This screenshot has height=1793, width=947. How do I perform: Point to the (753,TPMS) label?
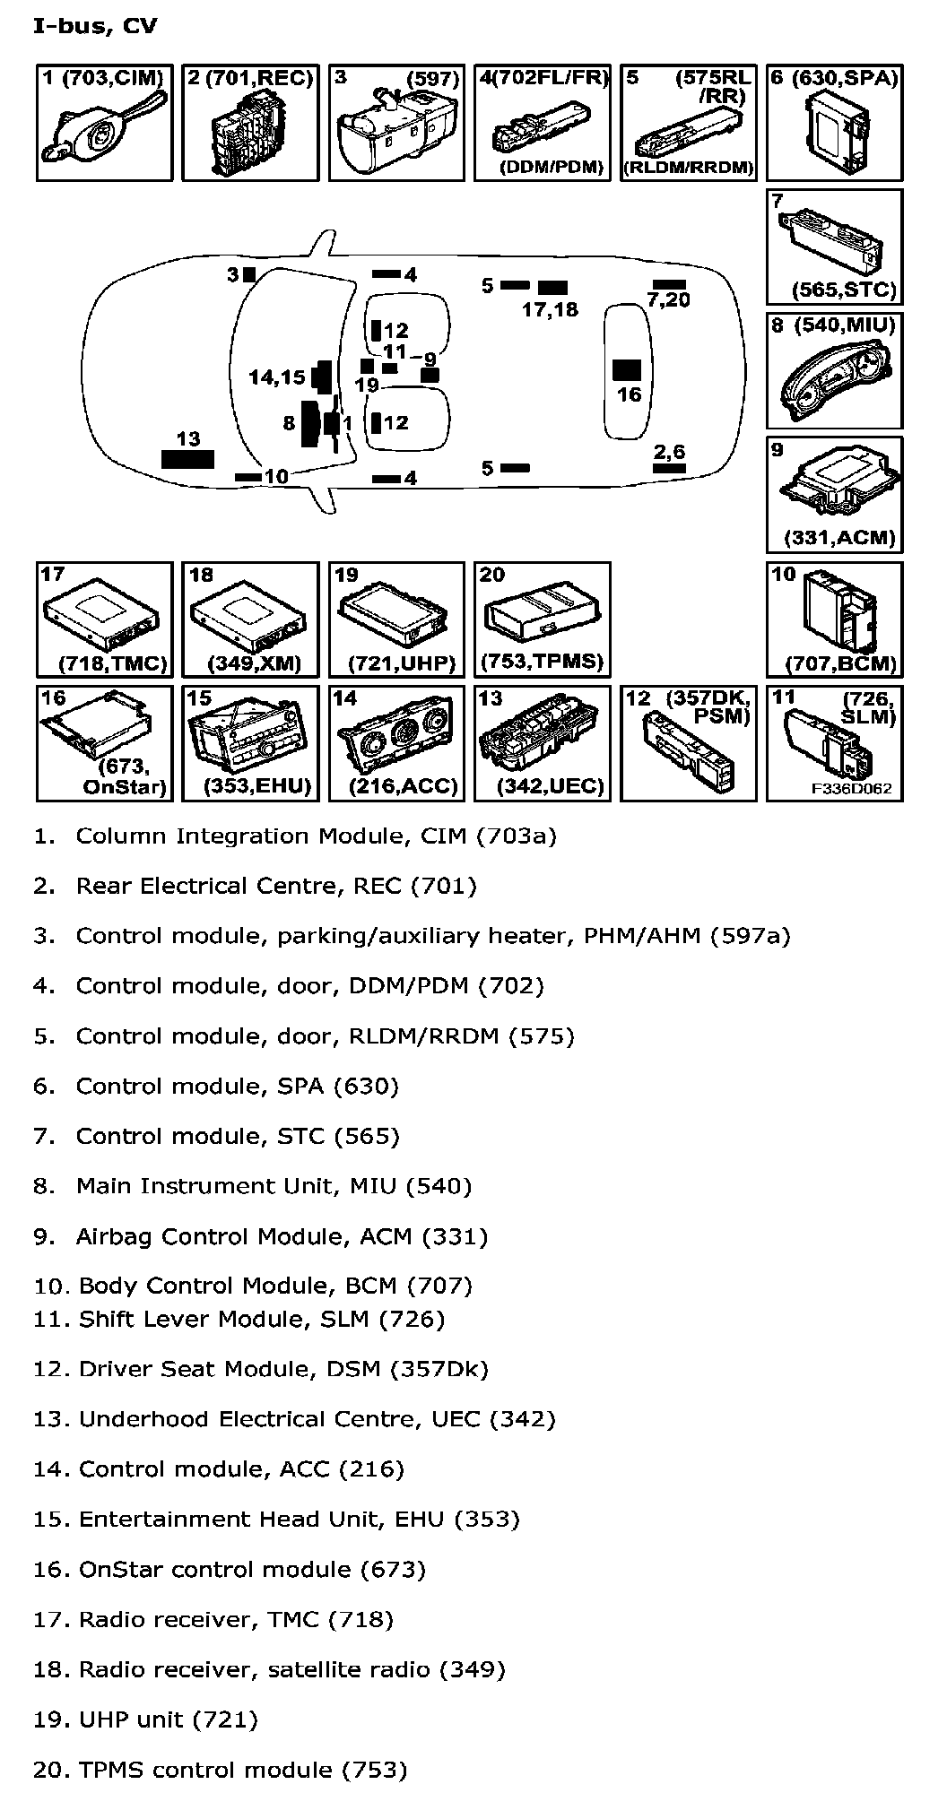coord(542,662)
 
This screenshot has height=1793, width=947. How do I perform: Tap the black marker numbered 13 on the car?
coord(187,460)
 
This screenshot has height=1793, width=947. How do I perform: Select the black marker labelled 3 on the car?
coord(250,274)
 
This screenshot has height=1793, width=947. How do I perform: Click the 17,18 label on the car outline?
coord(550,310)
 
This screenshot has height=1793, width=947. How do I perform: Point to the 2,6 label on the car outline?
coord(669,452)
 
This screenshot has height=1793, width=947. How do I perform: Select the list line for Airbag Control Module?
coord(261,1236)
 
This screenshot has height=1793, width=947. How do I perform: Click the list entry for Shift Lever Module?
coord(239,1319)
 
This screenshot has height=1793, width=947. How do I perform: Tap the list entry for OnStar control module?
coord(230,1569)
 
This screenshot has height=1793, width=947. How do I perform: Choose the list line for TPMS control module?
coord(221,1770)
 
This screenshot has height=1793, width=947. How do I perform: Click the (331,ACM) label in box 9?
coord(839,538)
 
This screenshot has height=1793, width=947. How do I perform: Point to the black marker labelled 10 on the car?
coord(247,477)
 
